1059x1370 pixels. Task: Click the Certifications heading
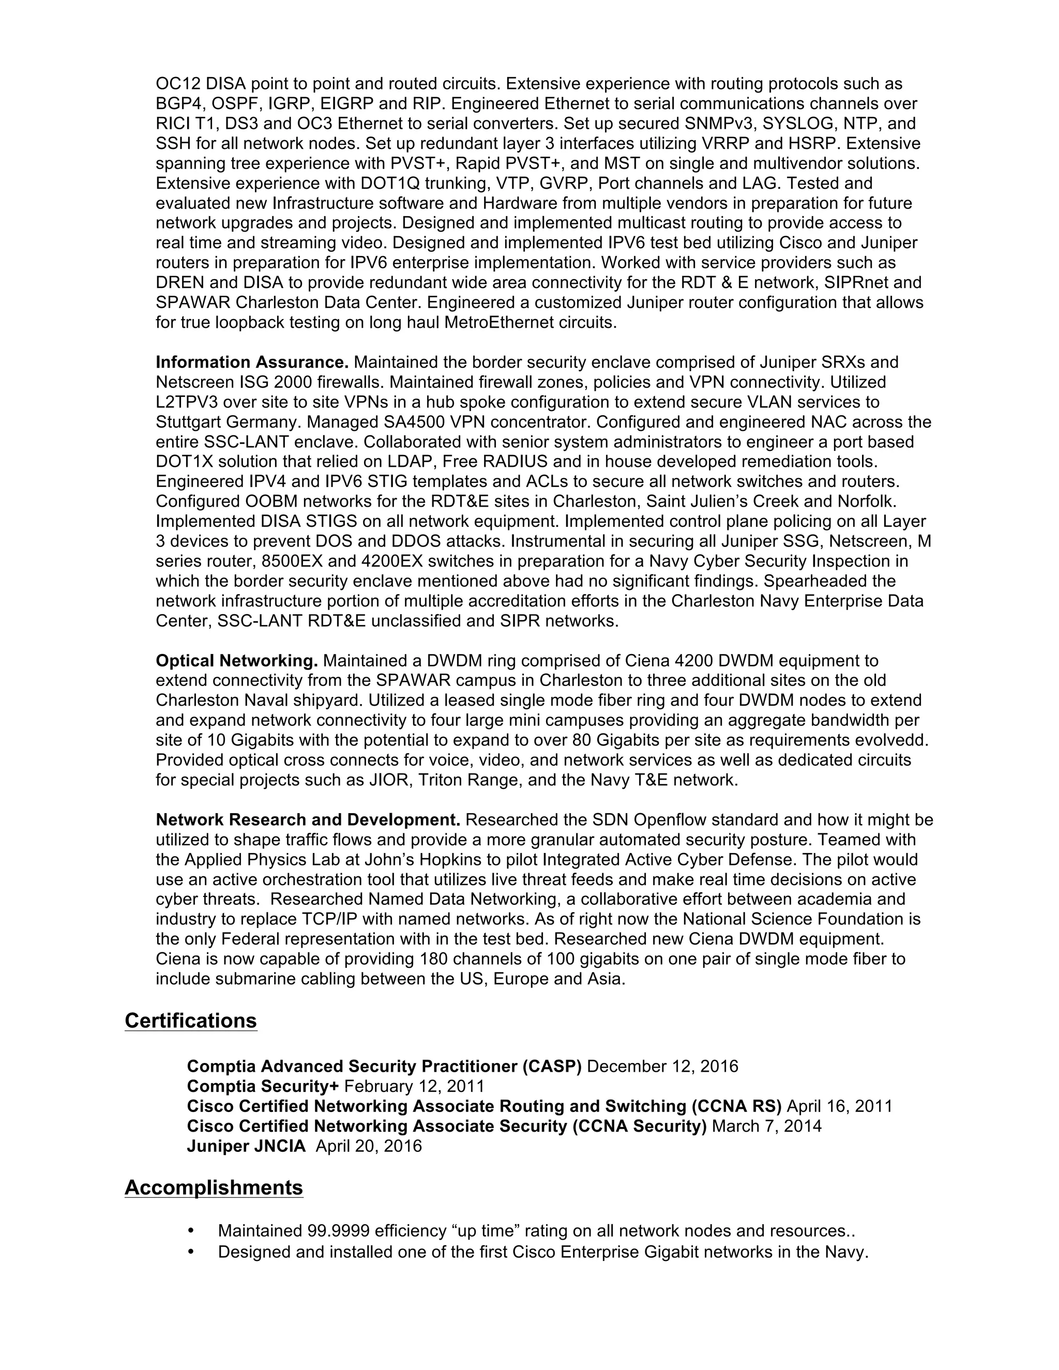click(191, 1021)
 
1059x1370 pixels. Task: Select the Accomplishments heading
click(214, 1188)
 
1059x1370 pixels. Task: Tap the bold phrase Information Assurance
click(252, 362)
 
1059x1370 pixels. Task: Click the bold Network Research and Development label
click(308, 820)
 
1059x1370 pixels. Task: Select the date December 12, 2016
click(662, 1067)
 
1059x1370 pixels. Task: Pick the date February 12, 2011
click(415, 1087)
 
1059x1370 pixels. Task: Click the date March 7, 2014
click(767, 1126)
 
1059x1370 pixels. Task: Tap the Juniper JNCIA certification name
click(246, 1146)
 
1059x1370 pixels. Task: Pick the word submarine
click(266, 979)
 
